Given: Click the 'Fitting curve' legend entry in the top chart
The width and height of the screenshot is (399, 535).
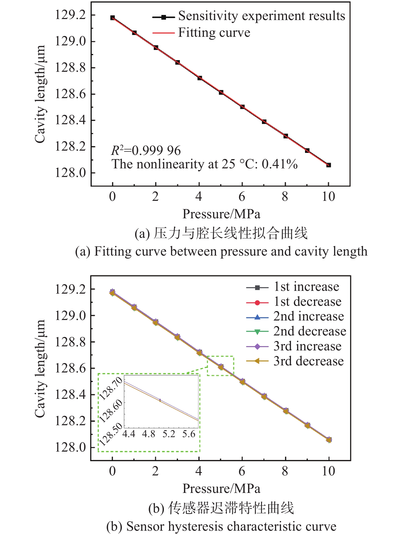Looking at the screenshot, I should pos(214,33).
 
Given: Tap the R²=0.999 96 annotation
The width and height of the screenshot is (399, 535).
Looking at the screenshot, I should pos(146,151).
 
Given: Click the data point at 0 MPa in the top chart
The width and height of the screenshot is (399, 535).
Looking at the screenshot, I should pos(112,18).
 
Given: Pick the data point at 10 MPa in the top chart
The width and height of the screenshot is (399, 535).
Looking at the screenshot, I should pos(329,165).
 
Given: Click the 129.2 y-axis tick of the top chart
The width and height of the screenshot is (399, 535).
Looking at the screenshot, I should pos(70,15).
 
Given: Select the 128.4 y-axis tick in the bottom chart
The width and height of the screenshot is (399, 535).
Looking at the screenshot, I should pos(70,395).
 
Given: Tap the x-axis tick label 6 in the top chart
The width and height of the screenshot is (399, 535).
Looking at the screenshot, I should pos(242,197).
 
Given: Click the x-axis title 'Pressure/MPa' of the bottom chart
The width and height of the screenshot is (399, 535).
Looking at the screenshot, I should pos(221,488).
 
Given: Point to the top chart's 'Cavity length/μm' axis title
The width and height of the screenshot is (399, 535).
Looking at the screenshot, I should pos(40,94).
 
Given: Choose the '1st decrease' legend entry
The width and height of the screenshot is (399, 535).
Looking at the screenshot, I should pos(307,302).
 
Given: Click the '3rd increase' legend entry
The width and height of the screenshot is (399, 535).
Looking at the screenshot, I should pos(307,346).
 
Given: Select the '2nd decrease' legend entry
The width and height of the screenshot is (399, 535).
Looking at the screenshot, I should pos(309,331).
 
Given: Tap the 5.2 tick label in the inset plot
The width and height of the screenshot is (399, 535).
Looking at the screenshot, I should pos(169,434).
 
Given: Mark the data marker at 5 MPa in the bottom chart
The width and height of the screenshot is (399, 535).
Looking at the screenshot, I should pos(221,367).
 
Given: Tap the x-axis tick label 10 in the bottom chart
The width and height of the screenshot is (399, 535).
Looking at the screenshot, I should pos(328,471).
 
